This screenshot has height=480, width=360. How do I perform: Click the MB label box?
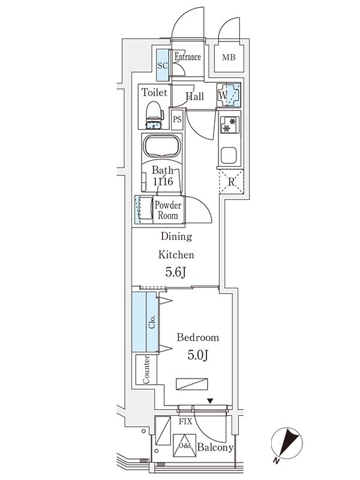229,58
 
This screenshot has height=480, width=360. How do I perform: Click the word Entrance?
187,58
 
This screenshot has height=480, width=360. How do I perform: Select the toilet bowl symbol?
154,113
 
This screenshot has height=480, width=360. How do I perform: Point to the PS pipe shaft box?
177,119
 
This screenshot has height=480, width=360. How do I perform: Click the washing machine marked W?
229,95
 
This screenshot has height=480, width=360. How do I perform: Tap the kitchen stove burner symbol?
229,125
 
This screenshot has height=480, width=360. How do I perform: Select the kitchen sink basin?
229,156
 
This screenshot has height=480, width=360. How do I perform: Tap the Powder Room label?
167,211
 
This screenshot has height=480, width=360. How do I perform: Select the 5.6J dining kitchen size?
176,272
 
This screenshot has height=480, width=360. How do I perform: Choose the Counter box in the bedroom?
146,370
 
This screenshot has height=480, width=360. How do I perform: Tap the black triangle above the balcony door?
210,401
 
